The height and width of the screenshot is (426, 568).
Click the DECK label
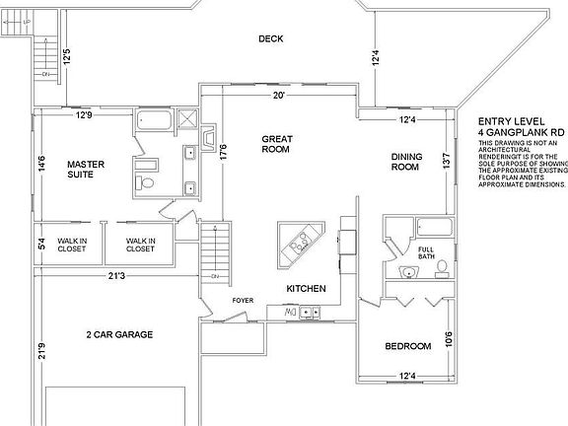coord(271,39)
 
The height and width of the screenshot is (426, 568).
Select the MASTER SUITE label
coord(86,169)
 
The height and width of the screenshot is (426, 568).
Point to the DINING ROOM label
coord(405,162)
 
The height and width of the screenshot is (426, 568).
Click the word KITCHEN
coord(305,288)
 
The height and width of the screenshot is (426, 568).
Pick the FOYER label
coord(243,300)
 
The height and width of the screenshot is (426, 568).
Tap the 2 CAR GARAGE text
coord(119,335)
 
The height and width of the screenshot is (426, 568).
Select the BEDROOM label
coord(407,346)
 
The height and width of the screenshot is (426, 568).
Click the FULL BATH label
coord(426,252)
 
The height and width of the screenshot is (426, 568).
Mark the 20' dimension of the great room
coord(279,96)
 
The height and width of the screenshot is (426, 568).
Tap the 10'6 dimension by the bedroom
coord(450,340)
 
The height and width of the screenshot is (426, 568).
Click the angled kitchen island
coord(300,242)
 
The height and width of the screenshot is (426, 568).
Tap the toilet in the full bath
coord(442,266)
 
